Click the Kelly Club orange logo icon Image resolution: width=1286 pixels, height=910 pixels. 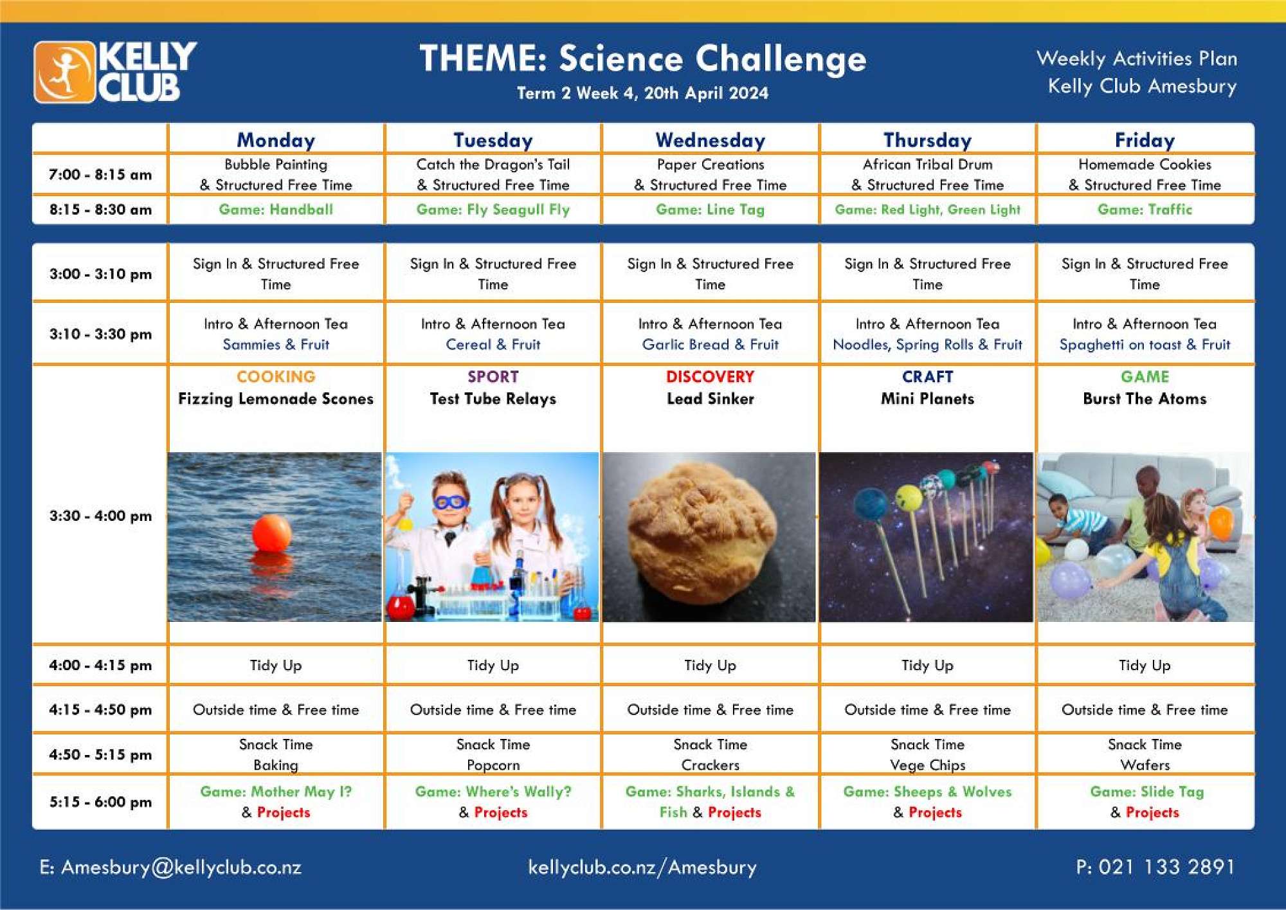point(64,72)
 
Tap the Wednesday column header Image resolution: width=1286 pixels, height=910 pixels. point(710,140)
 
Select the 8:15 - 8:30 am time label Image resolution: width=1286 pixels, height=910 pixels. point(100,210)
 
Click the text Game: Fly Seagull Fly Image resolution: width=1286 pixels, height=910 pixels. point(493,210)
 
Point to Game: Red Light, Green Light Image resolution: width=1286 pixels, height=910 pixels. point(927,210)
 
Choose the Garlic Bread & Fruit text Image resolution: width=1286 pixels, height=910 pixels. point(710,345)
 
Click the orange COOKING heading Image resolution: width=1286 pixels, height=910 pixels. point(276,377)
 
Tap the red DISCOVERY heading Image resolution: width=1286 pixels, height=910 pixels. point(710,377)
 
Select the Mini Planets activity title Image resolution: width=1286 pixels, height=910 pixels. point(927,399)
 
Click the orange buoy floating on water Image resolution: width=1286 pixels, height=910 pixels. point(272,532)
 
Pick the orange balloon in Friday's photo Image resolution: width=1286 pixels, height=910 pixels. point(1220,523)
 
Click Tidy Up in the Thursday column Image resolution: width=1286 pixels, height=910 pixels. point(927,665)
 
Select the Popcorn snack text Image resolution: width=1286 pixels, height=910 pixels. point(493,765)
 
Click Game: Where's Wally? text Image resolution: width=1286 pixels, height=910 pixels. point(493,792)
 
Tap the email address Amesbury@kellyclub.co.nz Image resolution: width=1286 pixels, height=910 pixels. point(181,868)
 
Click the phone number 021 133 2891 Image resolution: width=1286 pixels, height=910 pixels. point(1166,868)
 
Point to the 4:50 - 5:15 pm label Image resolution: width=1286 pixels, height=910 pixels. point(100,754)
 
